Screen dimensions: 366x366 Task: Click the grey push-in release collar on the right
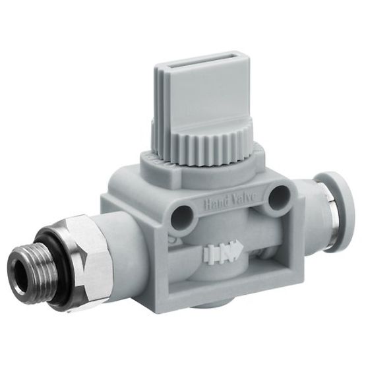click(330, 204)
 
